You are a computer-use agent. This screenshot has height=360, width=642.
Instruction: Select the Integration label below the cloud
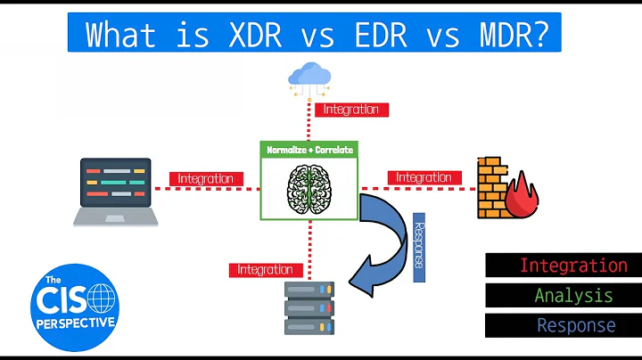point(350,110)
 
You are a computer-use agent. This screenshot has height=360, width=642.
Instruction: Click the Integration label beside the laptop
point(205,178)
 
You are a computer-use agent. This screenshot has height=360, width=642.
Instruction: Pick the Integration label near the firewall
point(424,178)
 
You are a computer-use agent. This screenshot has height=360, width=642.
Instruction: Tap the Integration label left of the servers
point(265,269)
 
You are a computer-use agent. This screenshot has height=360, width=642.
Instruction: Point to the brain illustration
point(309,185)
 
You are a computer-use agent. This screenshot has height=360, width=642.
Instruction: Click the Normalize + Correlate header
point(310,150)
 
